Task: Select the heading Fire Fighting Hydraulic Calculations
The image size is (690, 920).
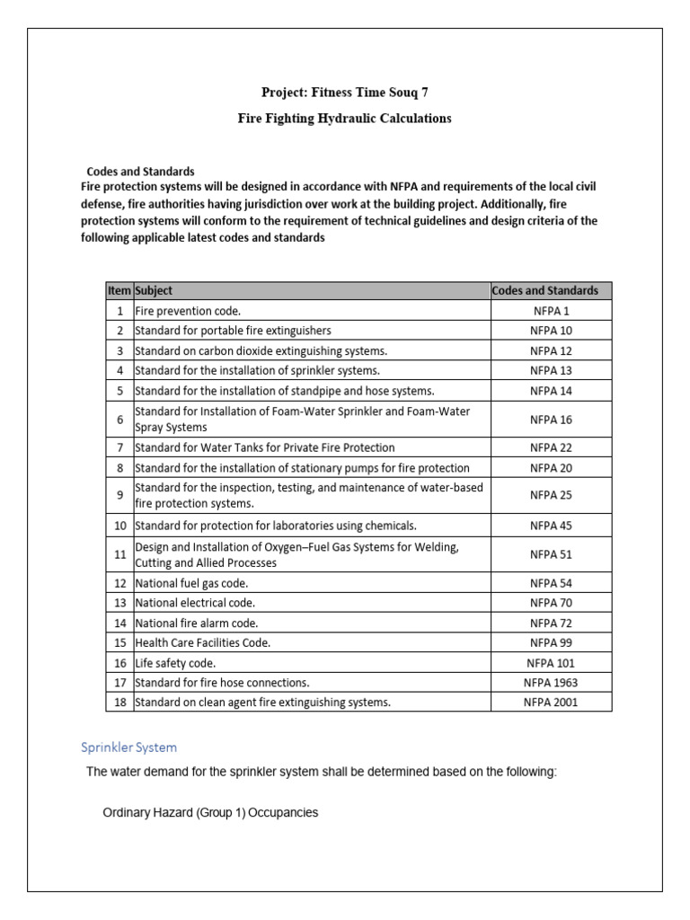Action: click(344, 119)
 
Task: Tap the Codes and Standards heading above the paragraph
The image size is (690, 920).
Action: click(140, 171)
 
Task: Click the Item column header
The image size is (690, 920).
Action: click(119, 290)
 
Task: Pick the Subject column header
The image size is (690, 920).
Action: click(154, 290)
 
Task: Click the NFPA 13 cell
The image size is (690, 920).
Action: click(551, 370)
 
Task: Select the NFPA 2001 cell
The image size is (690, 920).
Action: click(551, 702)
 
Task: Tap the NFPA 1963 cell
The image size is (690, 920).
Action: click(551, 682)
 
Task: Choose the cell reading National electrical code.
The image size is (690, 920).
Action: click(195, 603)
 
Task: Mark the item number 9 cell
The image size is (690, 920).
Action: click(119, 495)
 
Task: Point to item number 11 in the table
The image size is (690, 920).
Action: click(119, 554)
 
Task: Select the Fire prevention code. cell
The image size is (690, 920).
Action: click(188, 311)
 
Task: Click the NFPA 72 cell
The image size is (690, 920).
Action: click(551, 623)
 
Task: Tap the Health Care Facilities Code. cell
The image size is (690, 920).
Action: click(202, 642)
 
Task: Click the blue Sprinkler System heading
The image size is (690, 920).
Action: click(129, 747)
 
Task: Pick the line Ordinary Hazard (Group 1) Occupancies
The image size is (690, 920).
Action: click(211, 813)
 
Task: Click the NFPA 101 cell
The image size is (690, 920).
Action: click(551, 662)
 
